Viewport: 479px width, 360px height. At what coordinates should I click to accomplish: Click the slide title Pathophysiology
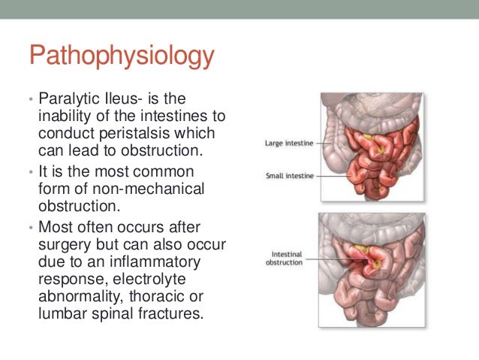121,58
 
